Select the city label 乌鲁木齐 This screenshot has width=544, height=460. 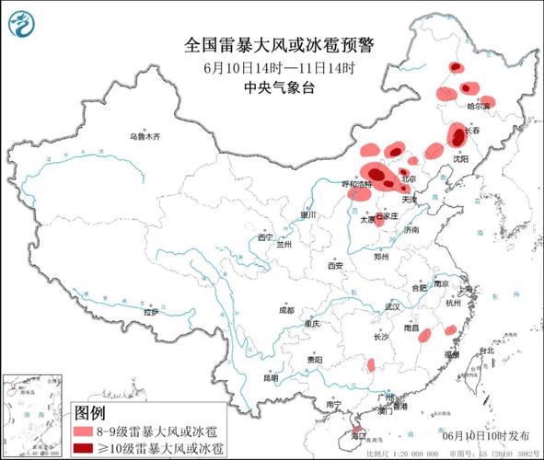point(145,136)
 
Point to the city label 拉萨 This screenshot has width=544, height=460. point(151,312)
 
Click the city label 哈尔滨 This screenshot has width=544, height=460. point(480,107)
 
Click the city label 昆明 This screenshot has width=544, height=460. point(270,377)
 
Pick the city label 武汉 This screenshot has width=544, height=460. point(395,305)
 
